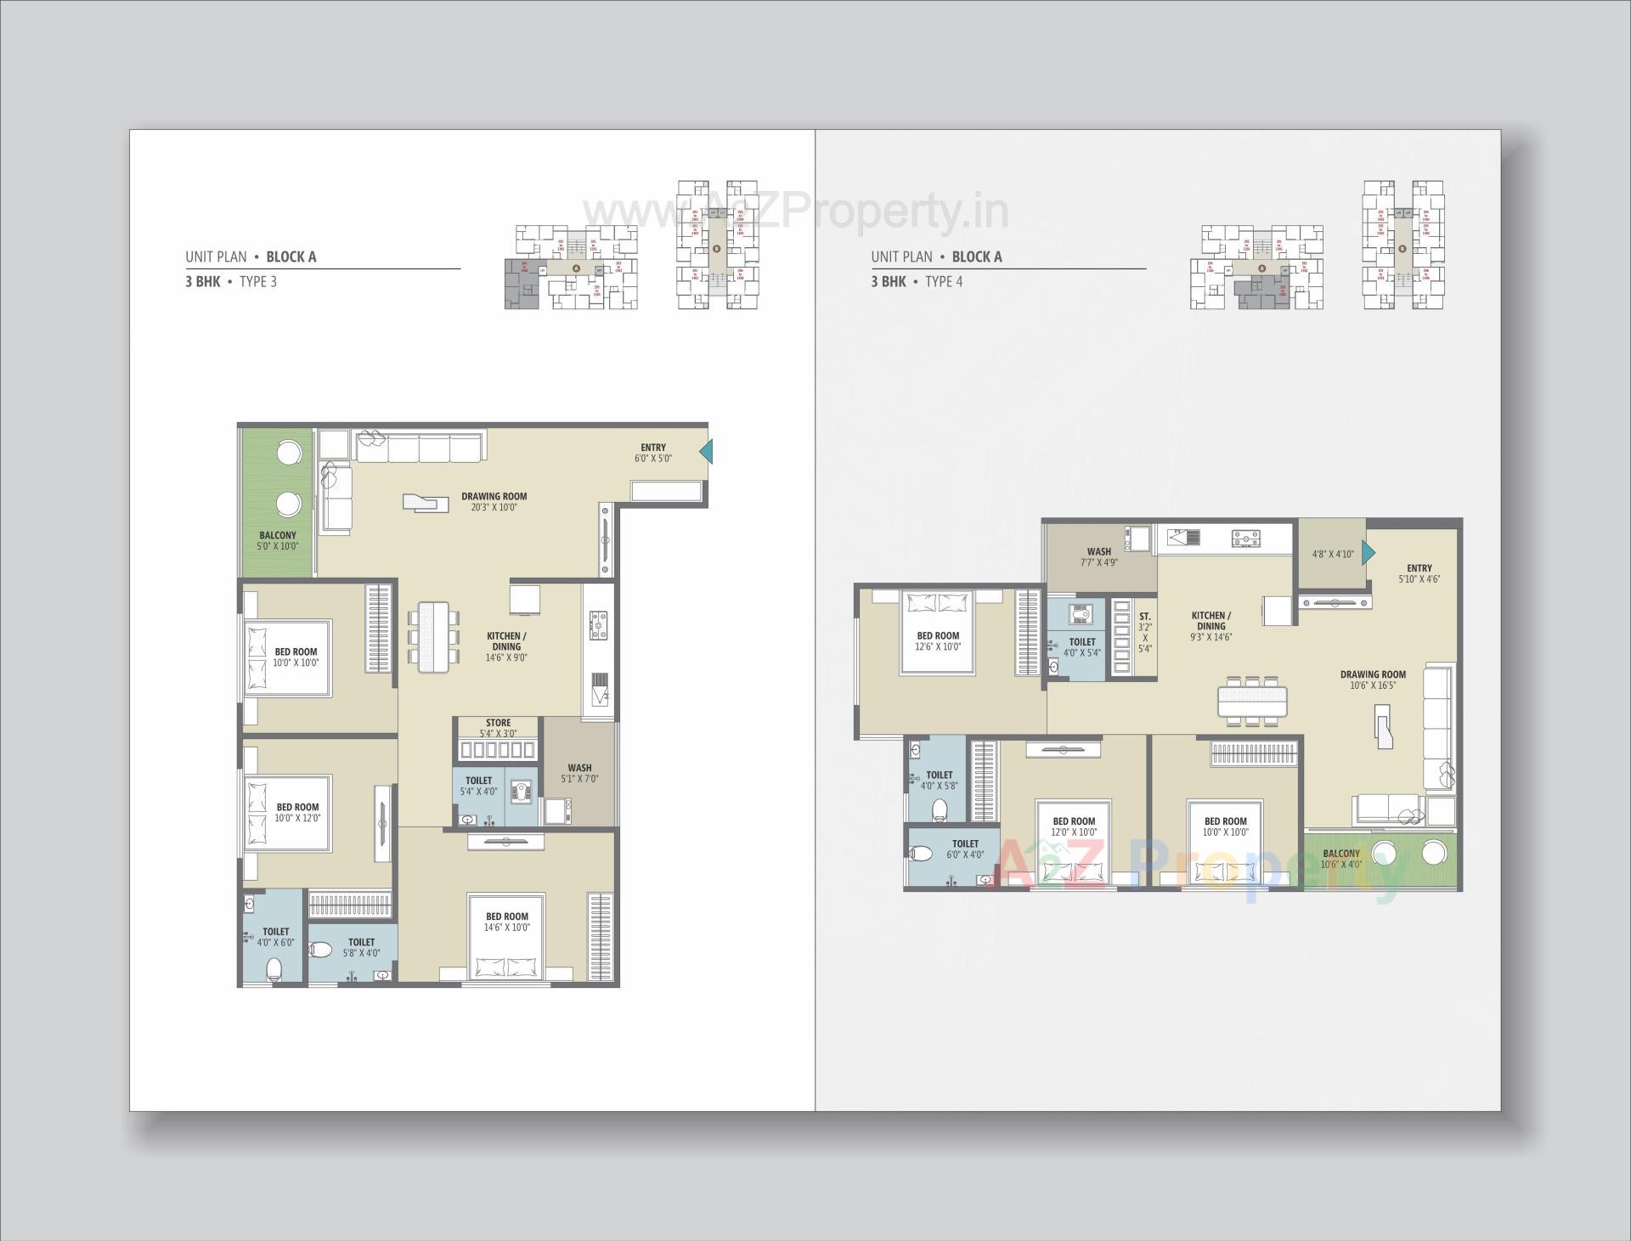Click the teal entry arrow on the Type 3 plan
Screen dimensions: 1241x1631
coord(707,452)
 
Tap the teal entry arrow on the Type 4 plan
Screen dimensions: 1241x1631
coord(1368,553)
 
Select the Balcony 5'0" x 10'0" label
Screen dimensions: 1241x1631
coord(278,541)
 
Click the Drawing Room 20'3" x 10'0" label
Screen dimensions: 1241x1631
coord(494,502)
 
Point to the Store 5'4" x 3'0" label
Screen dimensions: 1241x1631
coord(498,728)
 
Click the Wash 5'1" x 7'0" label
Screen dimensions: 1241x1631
coord(579,773)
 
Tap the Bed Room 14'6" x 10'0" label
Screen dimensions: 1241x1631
coord(507,922)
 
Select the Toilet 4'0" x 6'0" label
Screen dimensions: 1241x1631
coord(276,937)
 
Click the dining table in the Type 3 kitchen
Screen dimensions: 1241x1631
coord(433,637)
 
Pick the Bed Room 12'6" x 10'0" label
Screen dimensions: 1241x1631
coord(938,640)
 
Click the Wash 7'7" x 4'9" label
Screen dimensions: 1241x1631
coord(1098,557)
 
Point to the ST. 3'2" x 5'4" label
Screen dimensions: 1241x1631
coord(1144,632)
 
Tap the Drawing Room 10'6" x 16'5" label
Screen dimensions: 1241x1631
coord(1373,680)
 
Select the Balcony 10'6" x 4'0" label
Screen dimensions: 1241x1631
coord(1341,859)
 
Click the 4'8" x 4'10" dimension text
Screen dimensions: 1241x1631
coord(1332,554)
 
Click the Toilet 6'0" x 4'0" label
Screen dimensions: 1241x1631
coord(965,849)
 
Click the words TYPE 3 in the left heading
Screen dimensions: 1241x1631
coord(258,282)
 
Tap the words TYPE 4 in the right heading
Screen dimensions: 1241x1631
coord(944,282)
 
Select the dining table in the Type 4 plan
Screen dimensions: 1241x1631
coord(1252,702)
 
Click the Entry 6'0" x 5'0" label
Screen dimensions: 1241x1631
coord(652,453)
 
